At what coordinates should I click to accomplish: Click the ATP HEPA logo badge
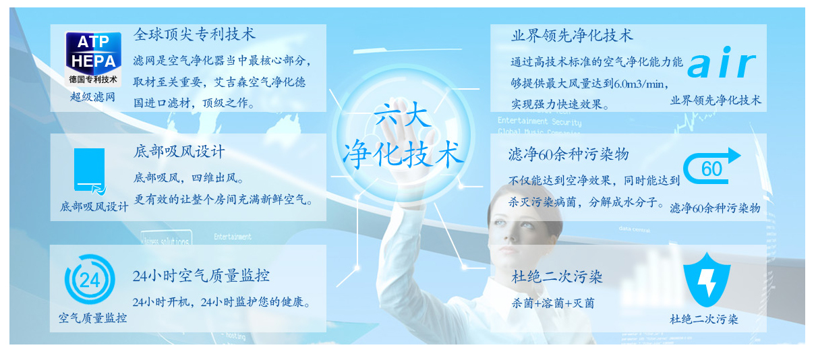point(93,59)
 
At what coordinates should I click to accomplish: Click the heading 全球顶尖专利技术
point(194,34)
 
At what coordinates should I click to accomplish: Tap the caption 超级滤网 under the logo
point(93,97)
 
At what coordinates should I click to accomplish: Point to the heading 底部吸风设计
point(179,152)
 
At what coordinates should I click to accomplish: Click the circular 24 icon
point(90,279)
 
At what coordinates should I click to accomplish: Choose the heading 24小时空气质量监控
point(201,276)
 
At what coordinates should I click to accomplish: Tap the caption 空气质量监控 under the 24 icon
point(93,318)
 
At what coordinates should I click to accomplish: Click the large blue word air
point(722,63)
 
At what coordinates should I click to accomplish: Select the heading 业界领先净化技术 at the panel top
point(572,36)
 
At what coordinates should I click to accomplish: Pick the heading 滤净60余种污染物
point(569,154)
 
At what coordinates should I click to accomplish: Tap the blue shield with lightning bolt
point(707,280)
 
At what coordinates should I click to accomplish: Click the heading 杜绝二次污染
point(557,277)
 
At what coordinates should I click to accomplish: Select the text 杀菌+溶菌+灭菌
point(553,303)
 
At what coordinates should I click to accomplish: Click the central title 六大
point(403,114)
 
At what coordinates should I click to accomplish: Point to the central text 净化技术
point(403,154)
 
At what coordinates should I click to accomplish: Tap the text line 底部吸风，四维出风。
point(189,178)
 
